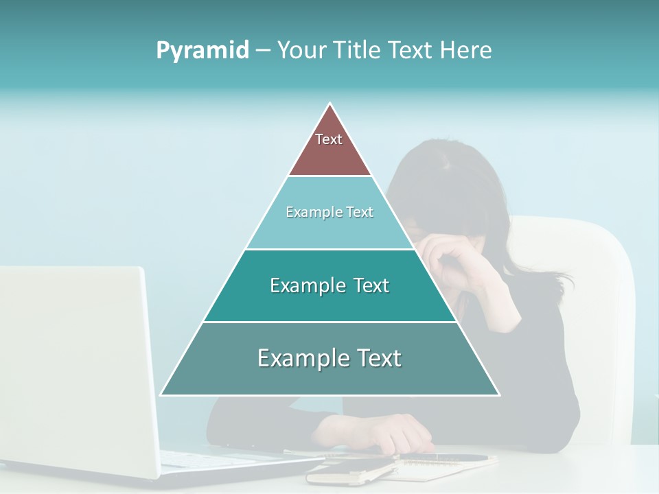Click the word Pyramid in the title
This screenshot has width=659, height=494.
pyautogui.click(x=202, y=51)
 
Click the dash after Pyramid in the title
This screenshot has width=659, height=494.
pyautogui.click(x=262, y=51)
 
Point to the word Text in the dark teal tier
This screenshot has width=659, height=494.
pyautogui.click(x=370, y=285)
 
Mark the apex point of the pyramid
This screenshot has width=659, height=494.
pyautogui.click(x=330, y=104)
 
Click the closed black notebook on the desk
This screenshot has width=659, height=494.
pyautogui.click(x=350, y=471)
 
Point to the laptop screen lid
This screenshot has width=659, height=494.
pyautogui.click(x=76, y=357)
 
